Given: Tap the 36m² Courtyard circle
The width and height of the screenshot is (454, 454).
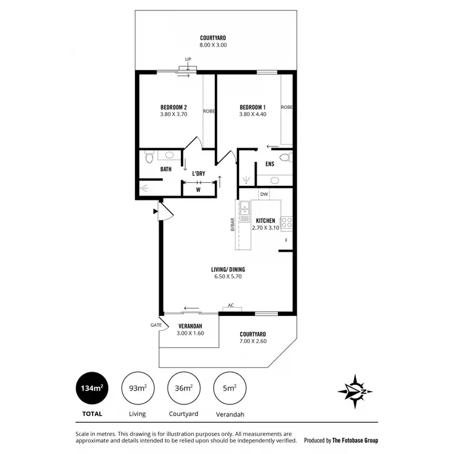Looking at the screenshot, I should tap(183, 388).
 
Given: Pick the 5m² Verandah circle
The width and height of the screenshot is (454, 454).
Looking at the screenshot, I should tap(229, 388).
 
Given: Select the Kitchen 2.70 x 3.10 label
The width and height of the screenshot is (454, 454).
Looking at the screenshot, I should tap(266, 224).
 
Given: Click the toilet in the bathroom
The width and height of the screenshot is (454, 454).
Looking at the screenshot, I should tap(149, 157).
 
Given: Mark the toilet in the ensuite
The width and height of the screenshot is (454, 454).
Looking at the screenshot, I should tap(289, 157).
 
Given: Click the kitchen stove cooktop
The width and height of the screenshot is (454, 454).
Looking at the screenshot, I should tap(287, 223).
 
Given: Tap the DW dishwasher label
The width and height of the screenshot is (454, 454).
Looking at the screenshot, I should tap(263, 194).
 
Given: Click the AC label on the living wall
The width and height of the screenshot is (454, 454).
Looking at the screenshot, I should tap(231, 306).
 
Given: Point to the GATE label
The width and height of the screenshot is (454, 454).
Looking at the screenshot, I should tap(156, 325).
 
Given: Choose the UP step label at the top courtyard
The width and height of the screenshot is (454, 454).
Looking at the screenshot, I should tap(188, 59).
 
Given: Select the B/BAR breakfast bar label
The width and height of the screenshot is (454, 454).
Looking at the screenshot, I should tap(232, 224).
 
